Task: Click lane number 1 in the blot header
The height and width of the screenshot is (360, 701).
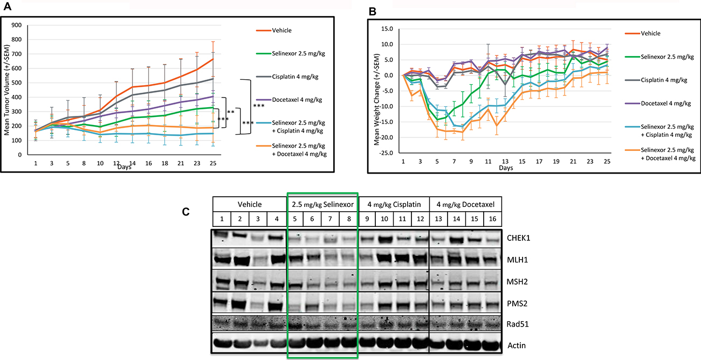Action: pos(222,218)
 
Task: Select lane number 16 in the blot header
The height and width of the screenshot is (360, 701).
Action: pos(492,218)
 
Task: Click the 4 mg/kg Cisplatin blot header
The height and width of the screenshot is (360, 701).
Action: pos(393,204)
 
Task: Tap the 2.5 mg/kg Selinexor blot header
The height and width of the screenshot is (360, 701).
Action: pos(322,204)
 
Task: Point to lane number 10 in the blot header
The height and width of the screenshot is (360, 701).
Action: pos(384,218)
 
